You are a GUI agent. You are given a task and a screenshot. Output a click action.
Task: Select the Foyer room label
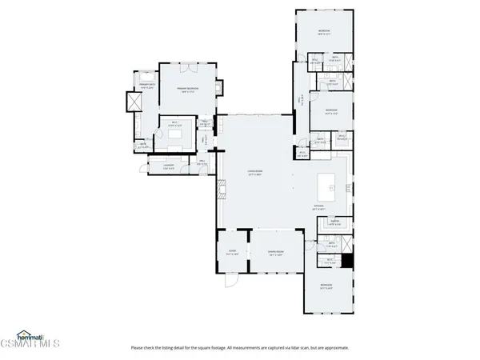coord(233,251)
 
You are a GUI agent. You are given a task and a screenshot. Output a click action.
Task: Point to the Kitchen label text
coord(318,206)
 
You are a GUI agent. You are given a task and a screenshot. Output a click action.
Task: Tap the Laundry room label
coord(169,167)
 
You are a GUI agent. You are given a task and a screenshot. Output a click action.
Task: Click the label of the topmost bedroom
coord(323,32)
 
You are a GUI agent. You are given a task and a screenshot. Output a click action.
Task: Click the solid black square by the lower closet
coord(348,262)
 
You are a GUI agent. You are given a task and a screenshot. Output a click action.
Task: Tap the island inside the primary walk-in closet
coord(176,134)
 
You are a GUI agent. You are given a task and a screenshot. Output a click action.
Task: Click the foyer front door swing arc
coord(231,282)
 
